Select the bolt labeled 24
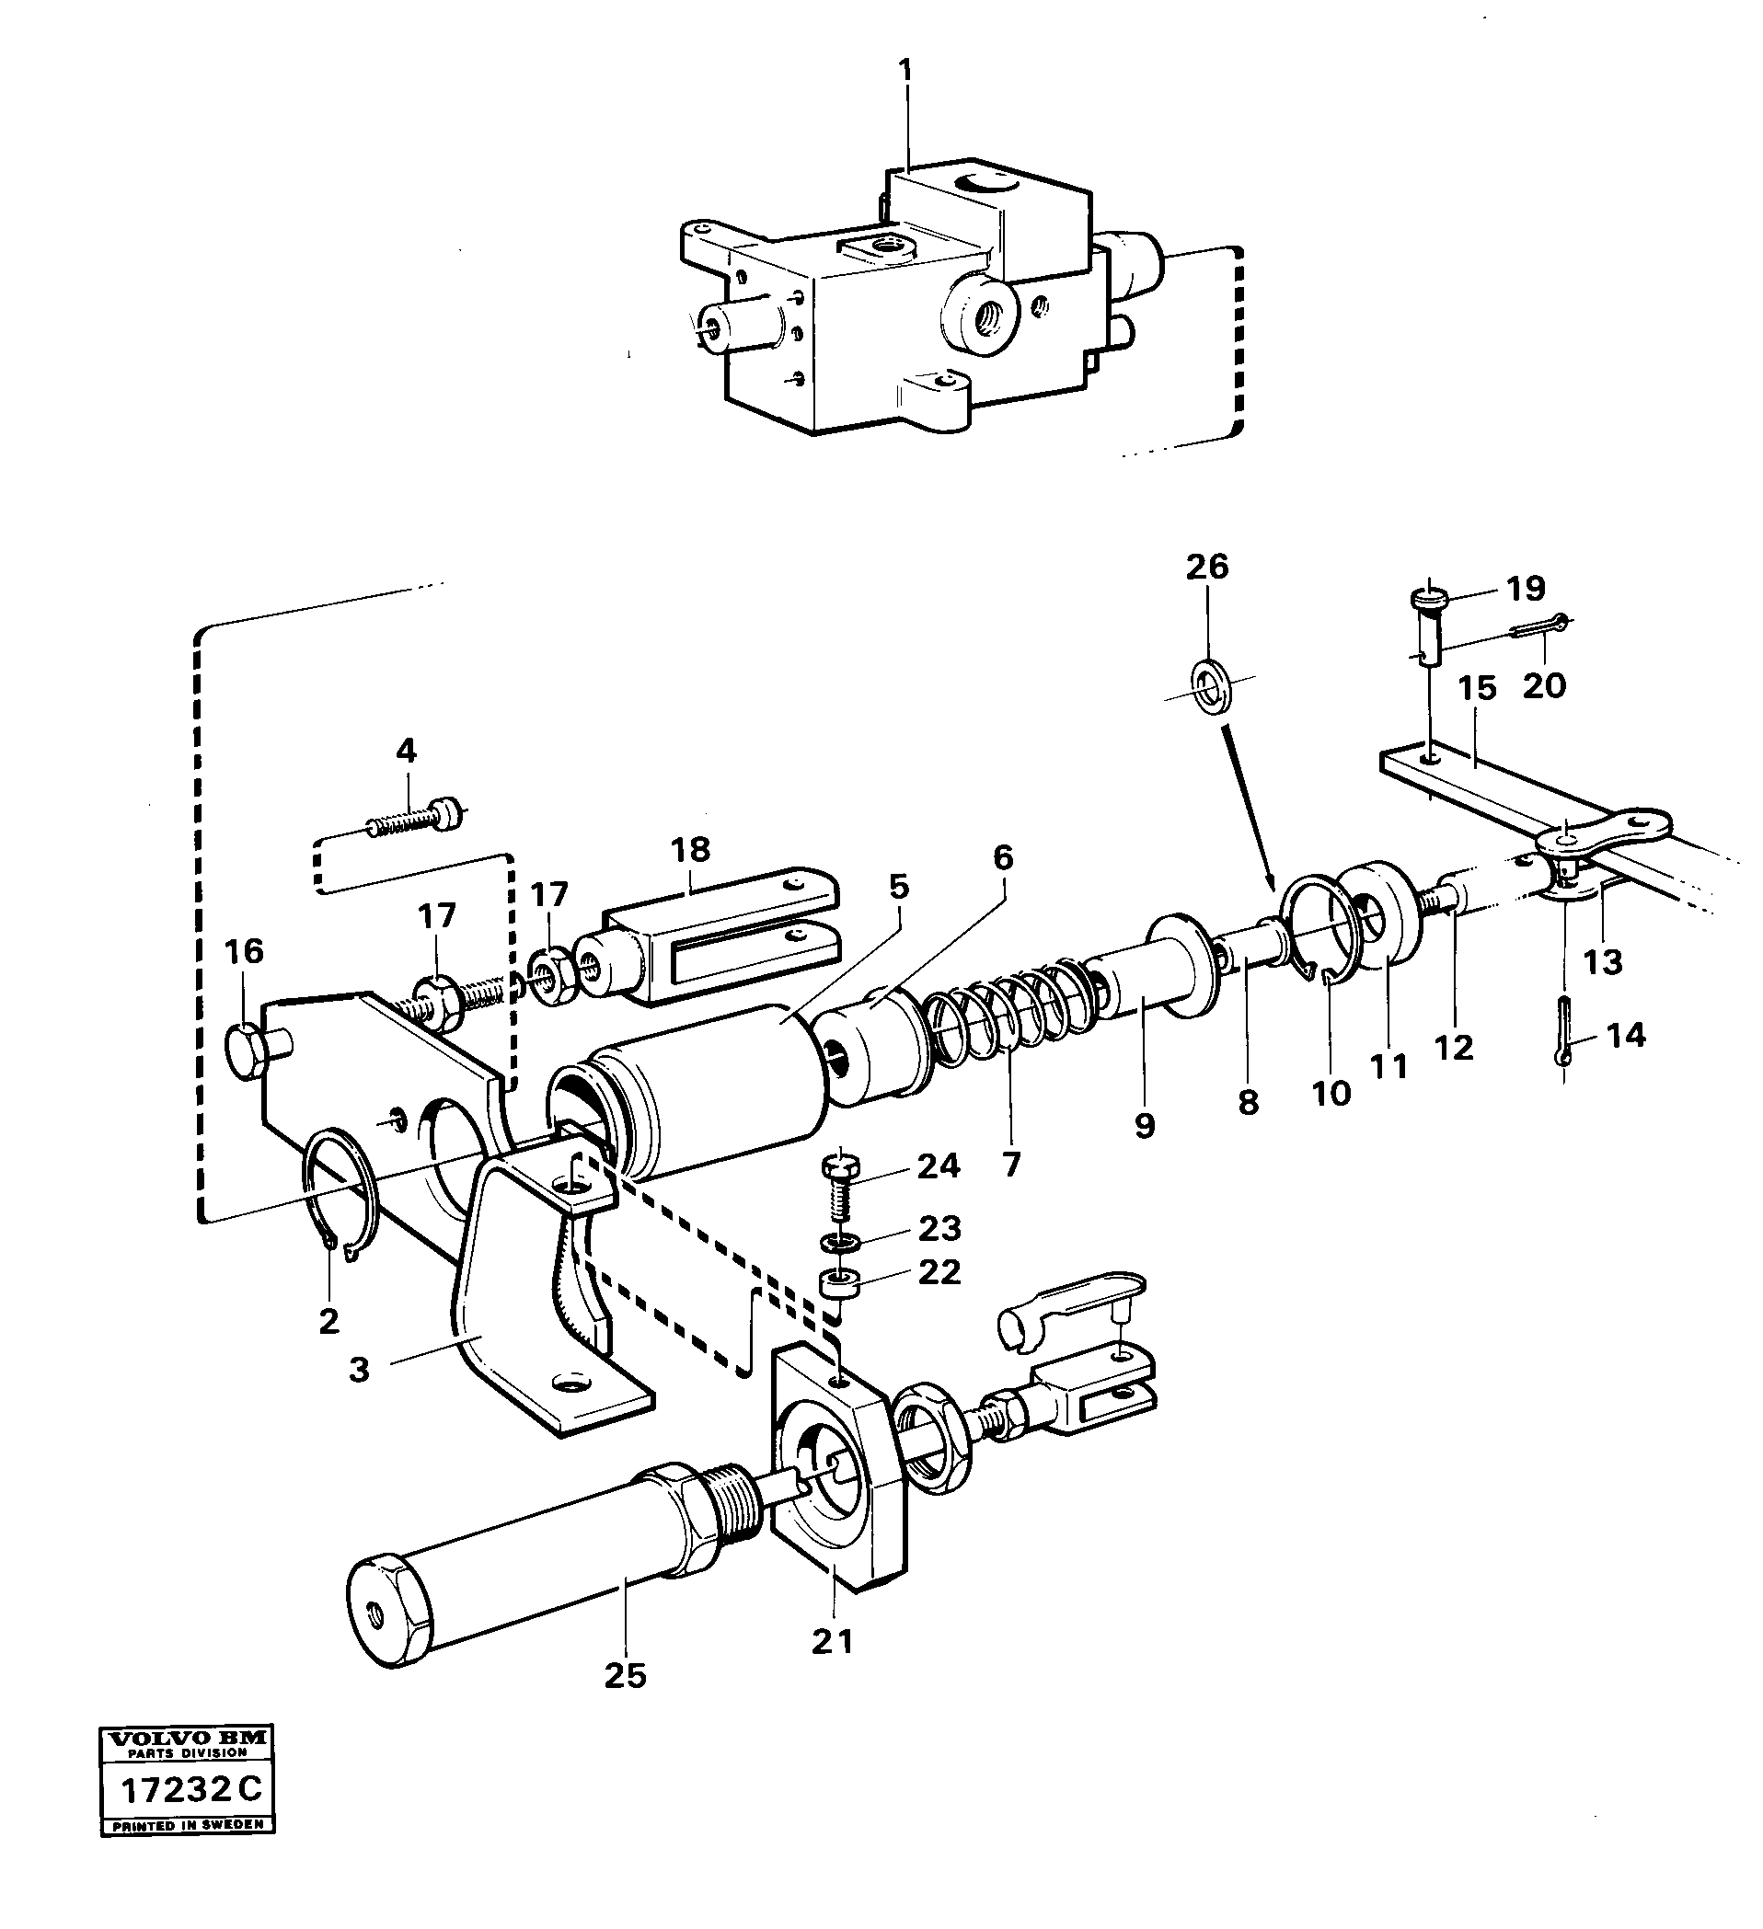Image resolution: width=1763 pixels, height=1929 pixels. [x=840, y=1187]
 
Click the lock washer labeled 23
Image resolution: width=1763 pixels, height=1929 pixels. [x=839, y=1242]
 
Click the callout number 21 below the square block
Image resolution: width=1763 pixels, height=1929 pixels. [x=832, y=1641]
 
